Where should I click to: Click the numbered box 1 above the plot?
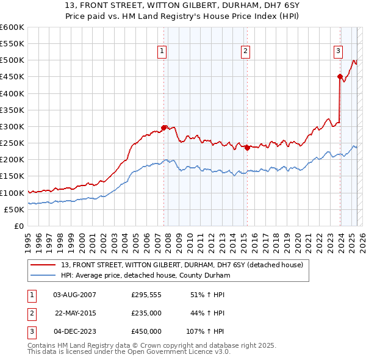(162, 52)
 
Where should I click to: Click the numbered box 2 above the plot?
(245, 52)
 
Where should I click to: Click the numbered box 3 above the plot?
(338, 52)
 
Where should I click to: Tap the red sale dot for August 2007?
(163, 128)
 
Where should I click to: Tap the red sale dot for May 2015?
(247, 148)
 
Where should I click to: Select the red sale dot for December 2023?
(340, 76)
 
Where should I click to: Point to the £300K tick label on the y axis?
(12, 126)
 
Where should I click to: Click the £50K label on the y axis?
(15, 209)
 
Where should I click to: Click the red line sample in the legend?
(44, 265)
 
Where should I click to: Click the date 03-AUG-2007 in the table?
(75, 295)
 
